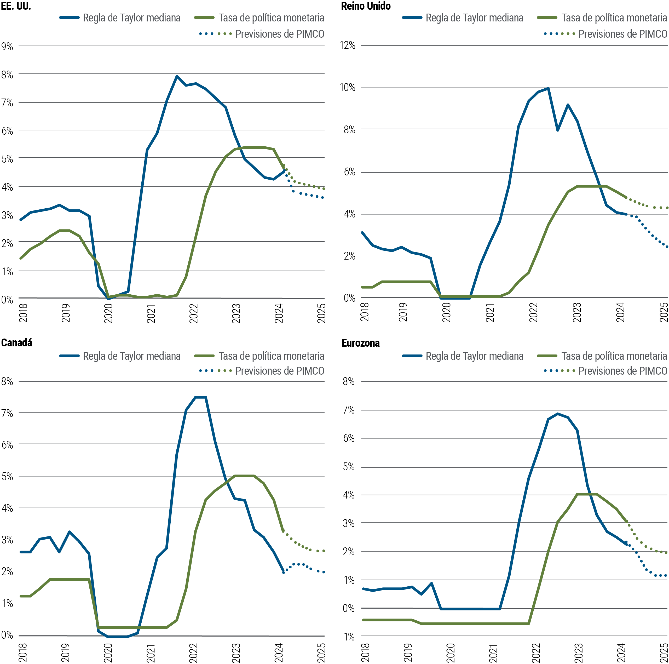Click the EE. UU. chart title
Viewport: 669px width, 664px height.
click(16, 6)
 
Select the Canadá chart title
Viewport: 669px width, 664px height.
click(17, 343)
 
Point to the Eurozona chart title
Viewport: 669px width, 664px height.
click(360, 343)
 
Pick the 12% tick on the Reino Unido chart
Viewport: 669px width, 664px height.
click(347, 45)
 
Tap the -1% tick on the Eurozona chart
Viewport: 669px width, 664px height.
click(348, 637)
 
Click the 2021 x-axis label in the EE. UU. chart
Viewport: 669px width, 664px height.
click(151, 313)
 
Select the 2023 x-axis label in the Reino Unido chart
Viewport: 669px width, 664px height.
click(576, 312)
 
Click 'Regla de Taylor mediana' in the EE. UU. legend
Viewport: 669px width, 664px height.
click(132, 18)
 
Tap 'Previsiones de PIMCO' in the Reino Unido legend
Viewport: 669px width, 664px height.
click(622, 34)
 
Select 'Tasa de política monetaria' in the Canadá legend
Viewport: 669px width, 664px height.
click(271, 356)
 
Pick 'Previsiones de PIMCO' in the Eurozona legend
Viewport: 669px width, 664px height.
click(622, 371)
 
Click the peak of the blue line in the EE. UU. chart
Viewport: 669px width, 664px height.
click(177, 76)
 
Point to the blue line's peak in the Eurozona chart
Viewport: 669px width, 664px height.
click(557, 414)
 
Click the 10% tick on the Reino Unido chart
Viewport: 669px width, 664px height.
click(347, 87)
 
